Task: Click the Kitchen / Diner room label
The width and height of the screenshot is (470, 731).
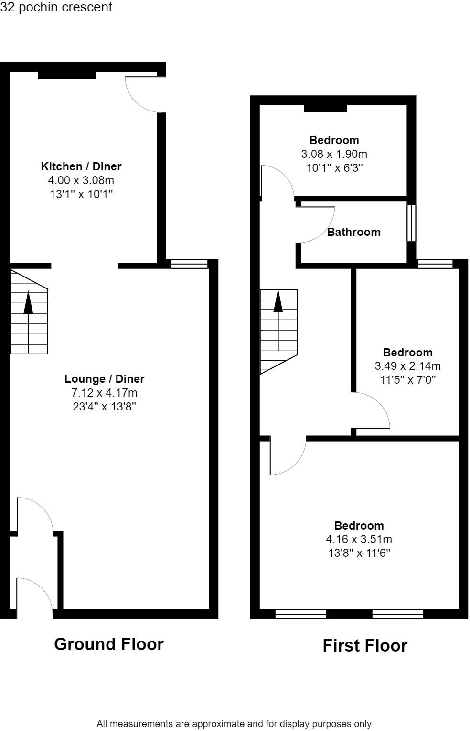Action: tap(81, 166)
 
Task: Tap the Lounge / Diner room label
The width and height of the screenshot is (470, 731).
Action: tap(104, 379)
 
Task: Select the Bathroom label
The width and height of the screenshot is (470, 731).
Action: tap(353, 232)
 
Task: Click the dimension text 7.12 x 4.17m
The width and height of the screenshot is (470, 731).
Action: tap(104, 393)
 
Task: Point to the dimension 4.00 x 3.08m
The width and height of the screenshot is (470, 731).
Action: tap(81, 180)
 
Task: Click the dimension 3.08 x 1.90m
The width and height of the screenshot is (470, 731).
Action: tap(334, 154)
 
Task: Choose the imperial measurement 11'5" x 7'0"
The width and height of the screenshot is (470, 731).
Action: tap(407, 380)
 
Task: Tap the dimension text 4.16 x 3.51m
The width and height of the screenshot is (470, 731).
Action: tap(359, 539)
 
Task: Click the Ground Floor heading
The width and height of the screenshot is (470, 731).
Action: tap(109, 644)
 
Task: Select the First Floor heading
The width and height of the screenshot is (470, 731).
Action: tap(365, 646)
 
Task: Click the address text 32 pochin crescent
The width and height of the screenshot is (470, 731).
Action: tap(56, 7)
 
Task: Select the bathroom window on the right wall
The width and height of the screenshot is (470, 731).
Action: tap(411, 223)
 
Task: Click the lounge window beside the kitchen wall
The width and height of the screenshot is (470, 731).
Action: tap(189, 264)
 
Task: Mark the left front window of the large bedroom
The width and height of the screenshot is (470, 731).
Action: tap(301, 614)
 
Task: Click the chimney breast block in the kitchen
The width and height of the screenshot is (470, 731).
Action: tap(67, 75)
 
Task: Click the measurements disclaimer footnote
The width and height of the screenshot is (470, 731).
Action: tap(234, 724)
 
